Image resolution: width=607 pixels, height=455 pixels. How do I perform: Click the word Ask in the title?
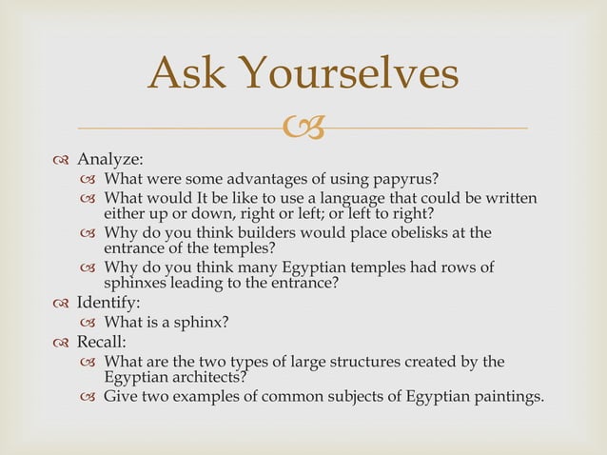pyautogui.click(x=186, y=75)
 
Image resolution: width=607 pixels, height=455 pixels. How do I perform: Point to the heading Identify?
pyautogui.click(x=108, y=303)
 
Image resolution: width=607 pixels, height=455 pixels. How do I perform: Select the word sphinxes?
pyautogui.click(x=138, y=283)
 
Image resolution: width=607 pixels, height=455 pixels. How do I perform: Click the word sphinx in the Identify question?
pyautogui.click(x=197, y=323)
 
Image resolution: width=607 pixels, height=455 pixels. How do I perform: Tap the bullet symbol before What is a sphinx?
pyautogui.click(x=89, y=324)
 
